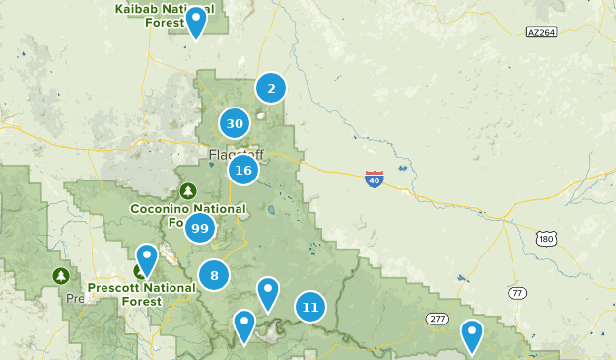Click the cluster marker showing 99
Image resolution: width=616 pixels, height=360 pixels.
pos(200,228)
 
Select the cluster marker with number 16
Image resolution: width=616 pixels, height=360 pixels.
pos(243,171)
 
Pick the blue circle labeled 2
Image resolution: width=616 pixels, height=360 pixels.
pos(271,88)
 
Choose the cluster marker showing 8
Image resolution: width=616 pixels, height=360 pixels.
pos(214,275)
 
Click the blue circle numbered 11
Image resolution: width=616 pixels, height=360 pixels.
pos(310,307)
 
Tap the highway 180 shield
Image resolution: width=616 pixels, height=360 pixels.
pos(547,238)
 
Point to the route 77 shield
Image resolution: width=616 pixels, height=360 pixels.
pos(518,292)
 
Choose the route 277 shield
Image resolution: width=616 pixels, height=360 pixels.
pos(438,319)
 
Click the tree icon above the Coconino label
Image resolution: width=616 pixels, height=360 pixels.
pos(188,190)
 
